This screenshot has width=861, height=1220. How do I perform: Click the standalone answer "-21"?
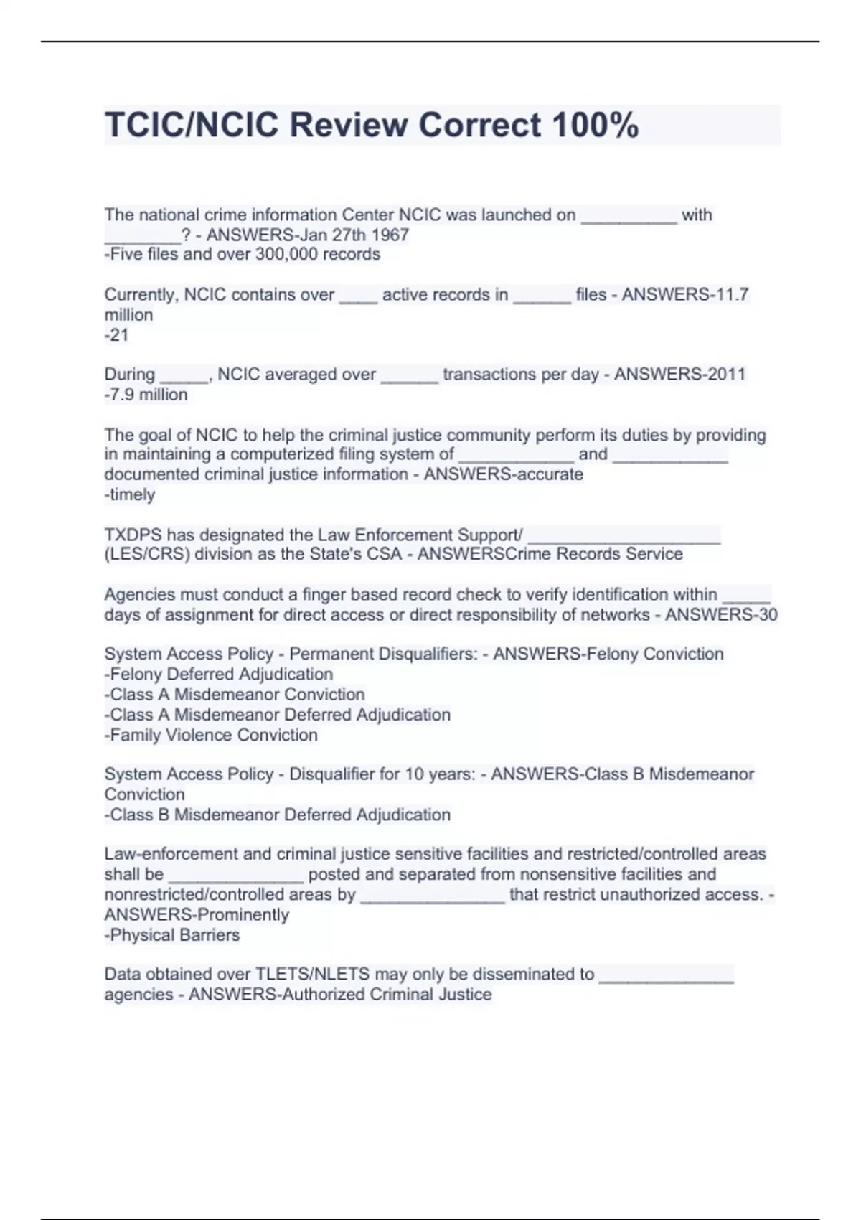[x=116, y=334]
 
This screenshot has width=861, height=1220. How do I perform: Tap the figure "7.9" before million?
[x=122, y=394]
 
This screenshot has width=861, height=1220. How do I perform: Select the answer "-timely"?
[x=130, y=494]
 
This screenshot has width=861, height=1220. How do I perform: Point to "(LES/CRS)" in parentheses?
[x=147, y=554]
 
